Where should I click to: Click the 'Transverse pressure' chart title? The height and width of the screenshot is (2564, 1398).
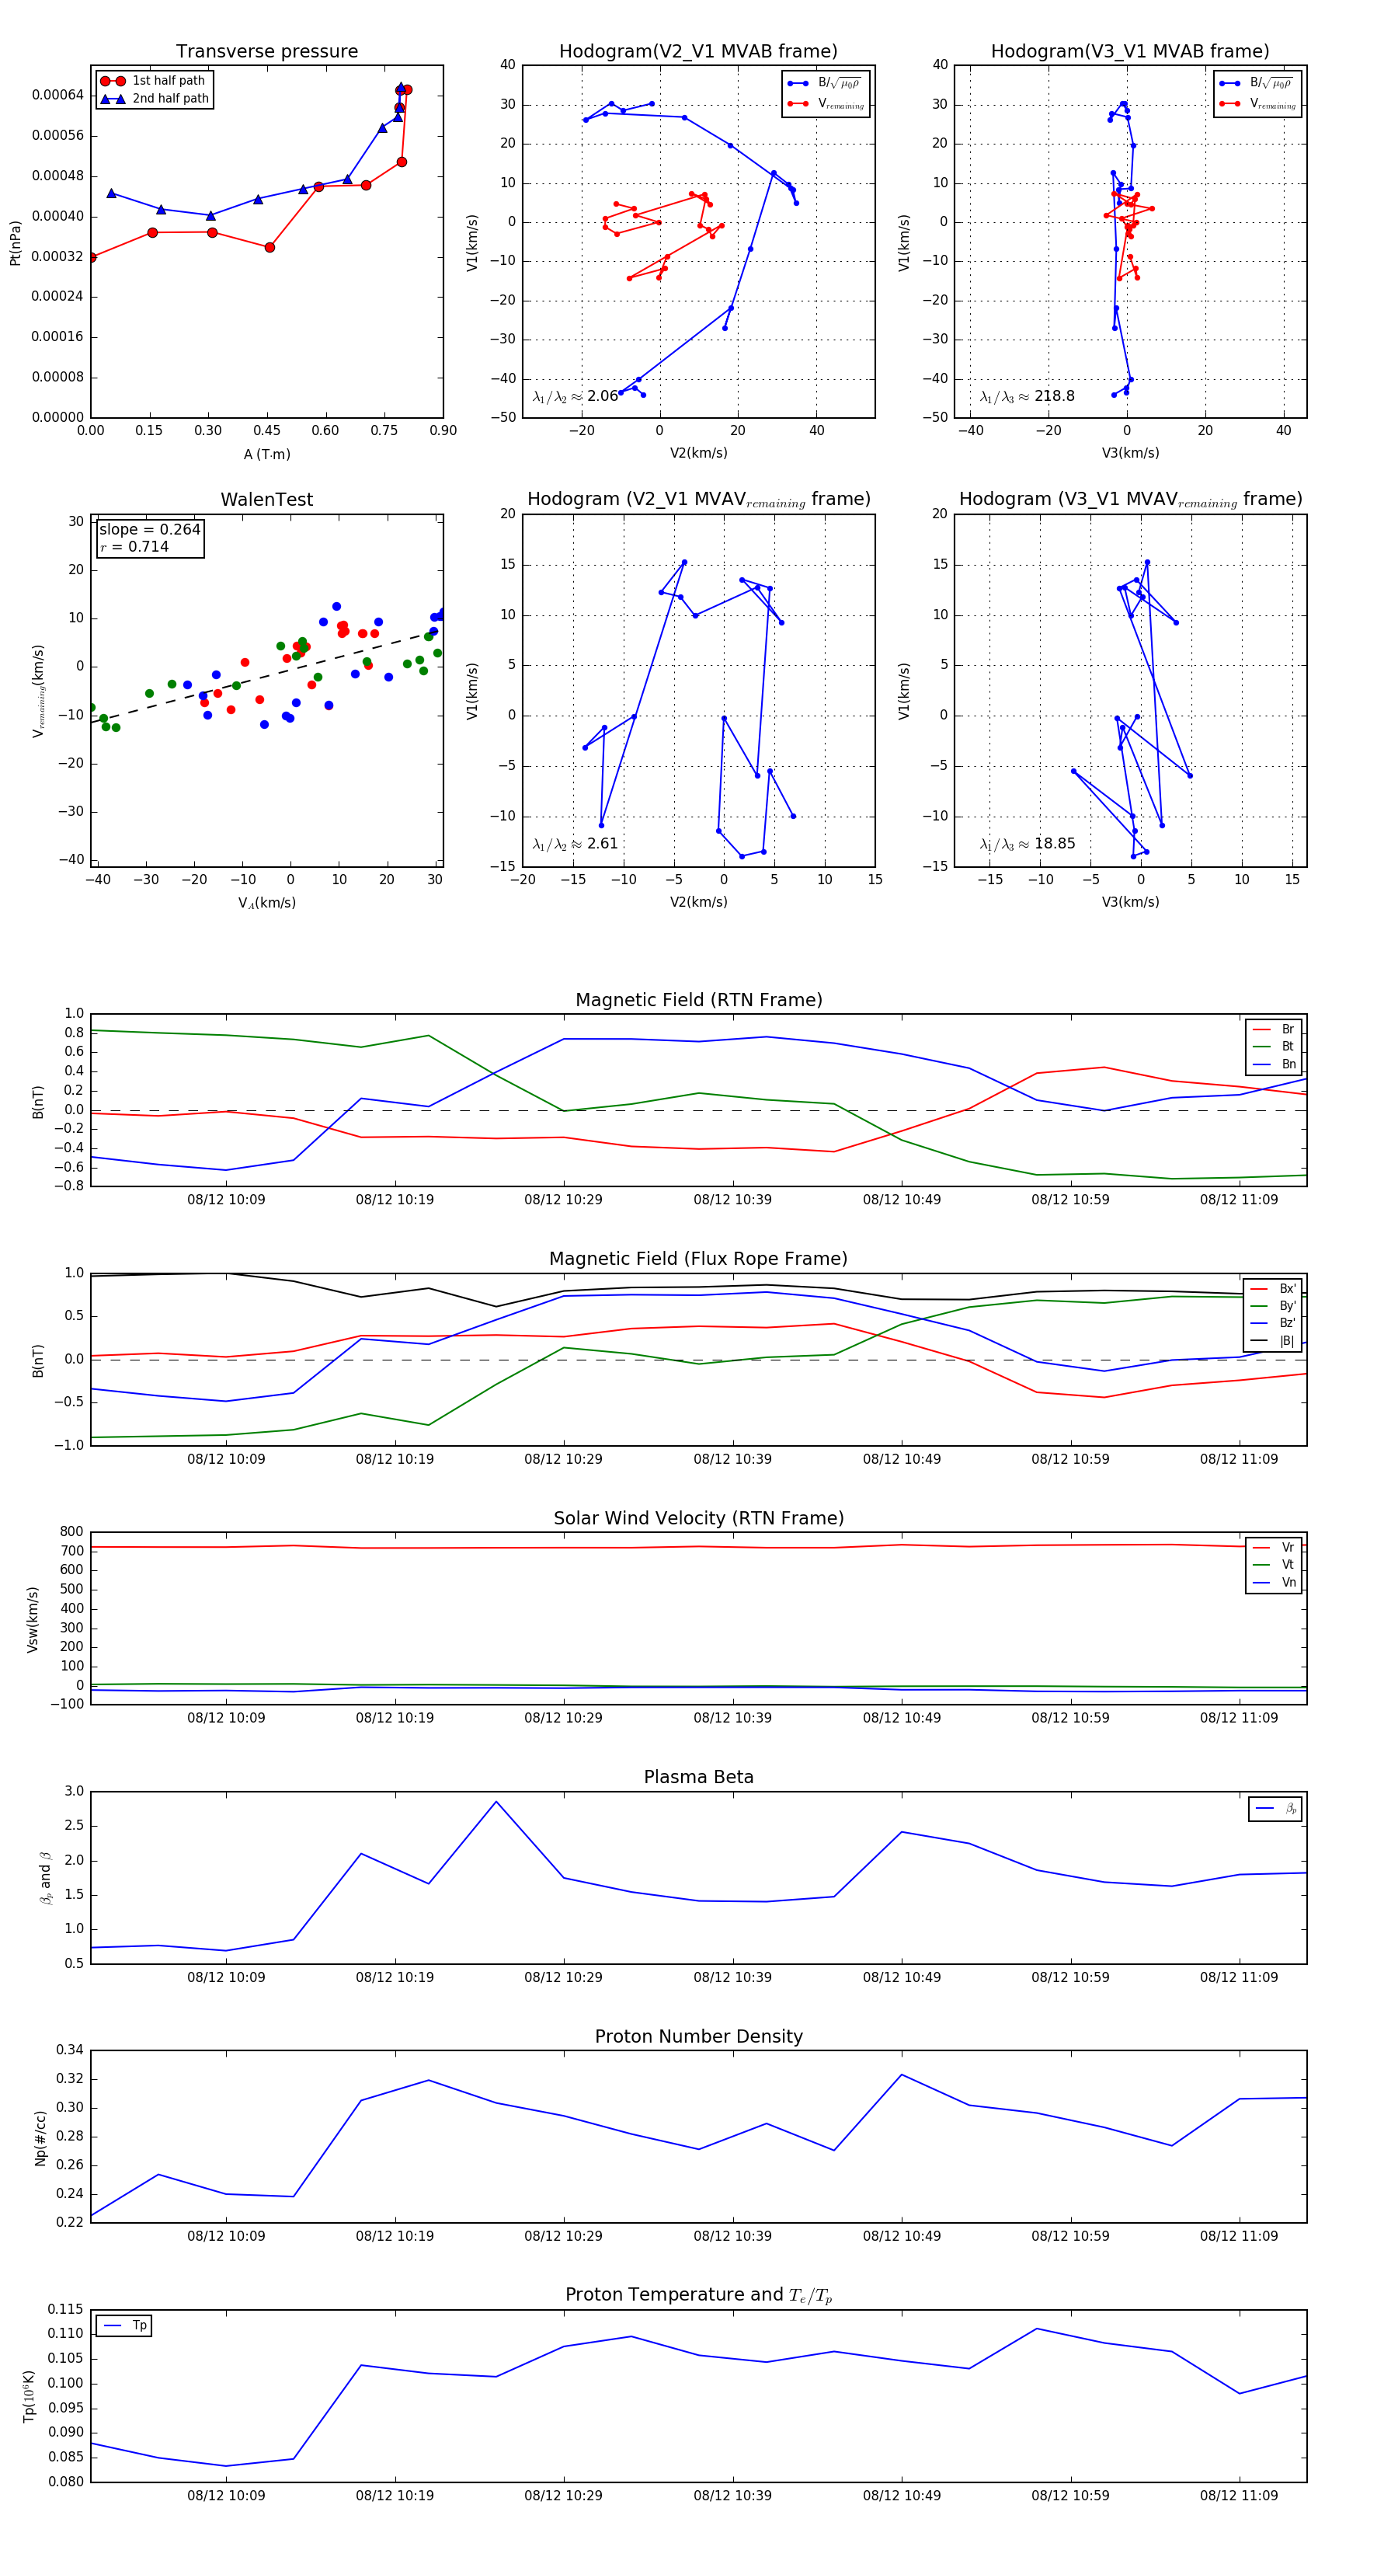(266, 52)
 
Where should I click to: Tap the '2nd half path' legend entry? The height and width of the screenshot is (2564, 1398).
(170, 99)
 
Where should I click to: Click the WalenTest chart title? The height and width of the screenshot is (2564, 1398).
(266, 500)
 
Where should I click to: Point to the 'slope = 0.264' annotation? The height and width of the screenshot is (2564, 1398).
(149, 530)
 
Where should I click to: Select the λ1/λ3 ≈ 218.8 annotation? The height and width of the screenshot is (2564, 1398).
(1027, 396)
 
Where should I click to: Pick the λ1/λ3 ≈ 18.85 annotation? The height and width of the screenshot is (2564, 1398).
(1027, 844)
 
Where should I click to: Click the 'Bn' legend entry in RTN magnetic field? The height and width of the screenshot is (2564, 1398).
(1288, 1064)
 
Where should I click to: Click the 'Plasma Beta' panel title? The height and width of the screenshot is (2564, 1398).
(698, 1778)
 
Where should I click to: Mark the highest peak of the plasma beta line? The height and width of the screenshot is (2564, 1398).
(496, 1802)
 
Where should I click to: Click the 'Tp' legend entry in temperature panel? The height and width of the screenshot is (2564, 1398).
(139, 2326)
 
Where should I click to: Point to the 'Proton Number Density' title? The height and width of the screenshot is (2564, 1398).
(698, 2036)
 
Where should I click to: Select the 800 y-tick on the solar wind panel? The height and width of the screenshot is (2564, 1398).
(71, 1532)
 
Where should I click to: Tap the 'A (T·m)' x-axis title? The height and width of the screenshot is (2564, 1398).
(266, 455)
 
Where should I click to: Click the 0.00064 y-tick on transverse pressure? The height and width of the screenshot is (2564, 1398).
(57, 96)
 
